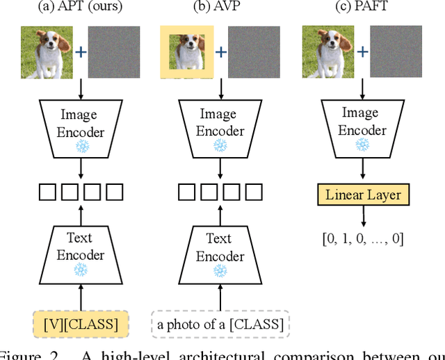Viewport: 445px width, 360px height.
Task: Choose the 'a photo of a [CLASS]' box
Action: click(x=220, y=323)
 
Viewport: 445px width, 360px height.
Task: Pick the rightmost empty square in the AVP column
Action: click(x=253, y=192)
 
